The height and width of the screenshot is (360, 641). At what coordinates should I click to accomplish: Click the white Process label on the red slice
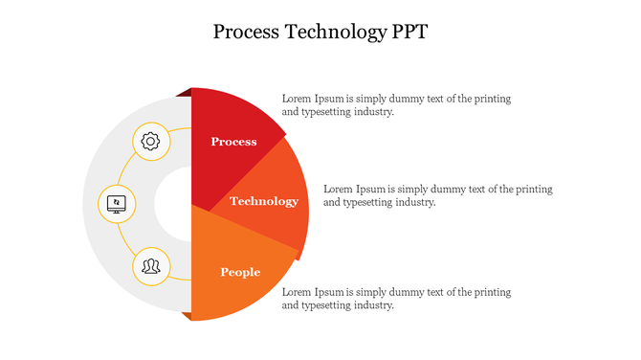(x=233, y=142)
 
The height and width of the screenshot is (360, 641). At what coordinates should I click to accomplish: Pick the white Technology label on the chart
(x=264, y=201)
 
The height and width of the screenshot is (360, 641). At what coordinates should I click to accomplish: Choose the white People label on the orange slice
(x=240, y=272)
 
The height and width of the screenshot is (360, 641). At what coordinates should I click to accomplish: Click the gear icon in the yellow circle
(x=150, y=142)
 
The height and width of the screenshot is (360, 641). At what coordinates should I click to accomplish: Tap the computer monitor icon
(x=117, y=203)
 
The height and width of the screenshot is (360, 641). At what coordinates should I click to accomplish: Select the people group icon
(x=150, y=264)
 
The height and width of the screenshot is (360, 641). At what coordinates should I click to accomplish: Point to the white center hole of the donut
(x=173, y=203)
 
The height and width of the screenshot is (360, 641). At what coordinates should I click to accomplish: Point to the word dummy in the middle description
(x=433, y=189)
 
